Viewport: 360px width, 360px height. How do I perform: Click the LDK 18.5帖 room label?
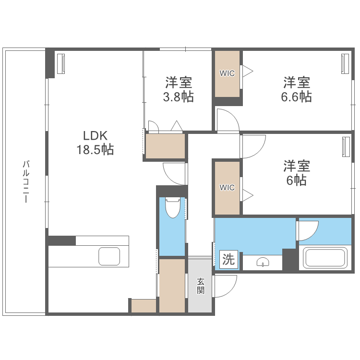[x=95, y=142]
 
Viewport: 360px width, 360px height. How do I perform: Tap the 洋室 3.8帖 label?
[x=179, y=89]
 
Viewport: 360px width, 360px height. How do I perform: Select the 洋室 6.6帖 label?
[x=296, y=89]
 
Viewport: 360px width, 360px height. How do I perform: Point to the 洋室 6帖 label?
[x=296, y=173]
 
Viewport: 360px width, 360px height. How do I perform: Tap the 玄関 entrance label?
[x=201, y=286]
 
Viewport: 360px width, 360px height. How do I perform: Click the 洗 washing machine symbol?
[x=228, y=260]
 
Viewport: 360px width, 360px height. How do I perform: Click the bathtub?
[x=325, y=258]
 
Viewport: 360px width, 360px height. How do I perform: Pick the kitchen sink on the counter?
[x=110, y=257]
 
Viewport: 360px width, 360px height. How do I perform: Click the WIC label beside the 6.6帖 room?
[x=227, y=73]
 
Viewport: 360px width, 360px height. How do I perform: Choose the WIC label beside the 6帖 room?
[x=227, y=187]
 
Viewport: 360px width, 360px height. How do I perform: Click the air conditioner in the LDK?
[x=61, y=64]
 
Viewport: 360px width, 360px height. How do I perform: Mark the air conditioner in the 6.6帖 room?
[x=345, y=63]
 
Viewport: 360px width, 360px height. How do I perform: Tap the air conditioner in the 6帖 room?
[x=346, y=147]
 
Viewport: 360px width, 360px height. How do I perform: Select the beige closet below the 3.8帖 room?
[x=165, y=146]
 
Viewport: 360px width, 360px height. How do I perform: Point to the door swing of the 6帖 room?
[x=253, y=145]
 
